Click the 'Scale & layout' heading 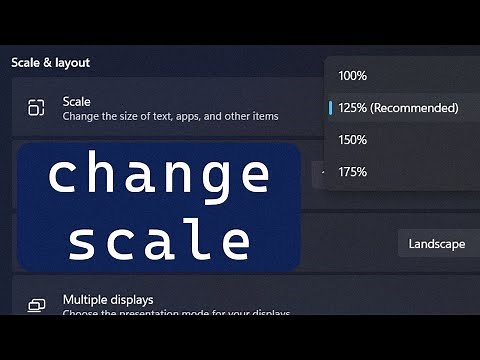(x=50, y=62)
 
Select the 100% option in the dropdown (x=353, y=75)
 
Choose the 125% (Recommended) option (x=398, y=107)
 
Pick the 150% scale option (x=353, y=140)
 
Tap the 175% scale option (x=353, y=172)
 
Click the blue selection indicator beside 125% (x=330, y=107)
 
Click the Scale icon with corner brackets (x=36, y=108)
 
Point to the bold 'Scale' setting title (x=76, y=102)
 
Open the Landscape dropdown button (x=436, y=244)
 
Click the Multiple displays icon (x=36, y=305)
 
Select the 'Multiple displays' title (x=108, y=299)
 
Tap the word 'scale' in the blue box (x=160, y=240)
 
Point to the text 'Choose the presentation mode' (x=150, y=313)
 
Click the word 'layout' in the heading (x=72, y=62)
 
